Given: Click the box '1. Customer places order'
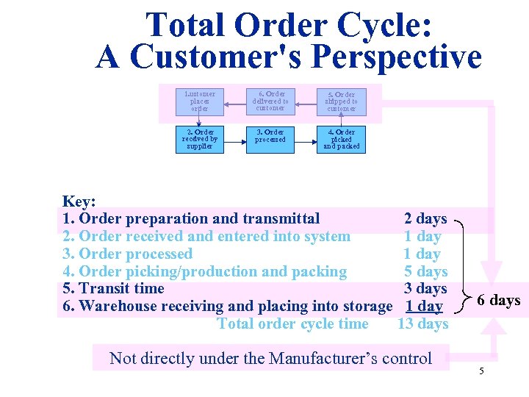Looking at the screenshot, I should (x=199, y=101).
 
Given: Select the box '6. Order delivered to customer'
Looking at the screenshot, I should (x=270, y=101).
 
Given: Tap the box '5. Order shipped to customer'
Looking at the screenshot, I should (x=342, y=101).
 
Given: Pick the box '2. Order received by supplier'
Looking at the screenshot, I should (x=199, y=139).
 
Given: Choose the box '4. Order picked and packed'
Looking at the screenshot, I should (x=342, y=139).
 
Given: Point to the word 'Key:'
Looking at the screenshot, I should (x=79, y=201).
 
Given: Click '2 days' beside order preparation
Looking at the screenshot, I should (x=425, y=218).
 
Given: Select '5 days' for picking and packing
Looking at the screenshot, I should (x=426, y=271).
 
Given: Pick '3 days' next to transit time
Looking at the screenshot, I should (x=426, y=288).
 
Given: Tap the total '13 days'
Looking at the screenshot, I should (x=422, y=323).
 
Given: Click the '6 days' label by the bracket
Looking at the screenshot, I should (x=498, y=300).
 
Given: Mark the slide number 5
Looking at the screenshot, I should (x=481, y=371).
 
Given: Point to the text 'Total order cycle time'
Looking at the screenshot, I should (x=293, y=323).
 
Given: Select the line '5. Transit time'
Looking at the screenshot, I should (x=114, y=288).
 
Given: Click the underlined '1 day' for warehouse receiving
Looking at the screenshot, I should (x=424, y=306).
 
